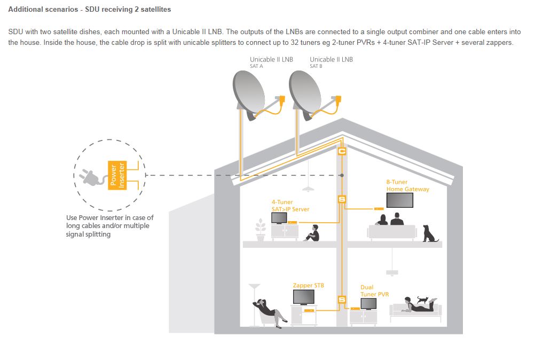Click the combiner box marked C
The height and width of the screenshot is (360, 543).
point(342,152)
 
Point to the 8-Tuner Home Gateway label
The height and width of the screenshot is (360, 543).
point(407,185)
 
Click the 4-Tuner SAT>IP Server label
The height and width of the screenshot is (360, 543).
point(290,206)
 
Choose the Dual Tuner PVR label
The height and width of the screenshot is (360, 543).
point(374,291)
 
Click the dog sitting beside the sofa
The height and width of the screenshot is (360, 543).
point(429,233)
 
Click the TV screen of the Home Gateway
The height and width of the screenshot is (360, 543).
point(399,200)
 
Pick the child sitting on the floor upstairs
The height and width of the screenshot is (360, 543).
point(312,233)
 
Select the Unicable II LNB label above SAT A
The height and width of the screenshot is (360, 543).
point(271,60)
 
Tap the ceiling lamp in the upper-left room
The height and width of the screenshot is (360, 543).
point(306,188)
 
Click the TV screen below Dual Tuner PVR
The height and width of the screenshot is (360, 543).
point(368,303)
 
